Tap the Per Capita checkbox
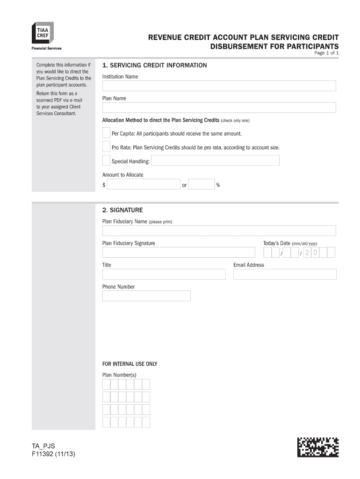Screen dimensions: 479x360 106,133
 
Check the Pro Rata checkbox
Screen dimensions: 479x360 106,147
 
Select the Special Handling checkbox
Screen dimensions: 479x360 106,161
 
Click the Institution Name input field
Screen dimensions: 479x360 219,86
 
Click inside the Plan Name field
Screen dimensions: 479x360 219,108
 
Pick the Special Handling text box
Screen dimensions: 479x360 215,161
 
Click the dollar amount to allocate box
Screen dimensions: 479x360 144,184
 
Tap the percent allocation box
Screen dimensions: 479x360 202,184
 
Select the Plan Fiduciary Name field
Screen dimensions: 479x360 219,231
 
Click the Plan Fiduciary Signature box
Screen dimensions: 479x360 179,253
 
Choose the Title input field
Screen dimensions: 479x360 164,274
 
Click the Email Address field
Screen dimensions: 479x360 284,274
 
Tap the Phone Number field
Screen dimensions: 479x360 146,296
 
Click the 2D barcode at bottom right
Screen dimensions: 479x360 317,447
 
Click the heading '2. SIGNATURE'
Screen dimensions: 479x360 122,210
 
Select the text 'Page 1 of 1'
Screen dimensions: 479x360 326,54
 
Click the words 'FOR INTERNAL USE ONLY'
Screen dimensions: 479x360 130,364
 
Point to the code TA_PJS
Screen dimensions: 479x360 43,446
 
